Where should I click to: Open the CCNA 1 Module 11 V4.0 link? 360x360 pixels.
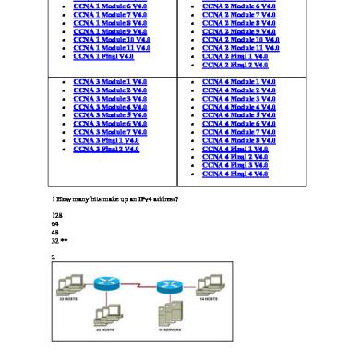pos(111,48)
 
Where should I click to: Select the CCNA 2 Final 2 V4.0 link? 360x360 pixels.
pos(236,65)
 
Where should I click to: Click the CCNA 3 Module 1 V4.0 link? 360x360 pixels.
pos(109,82)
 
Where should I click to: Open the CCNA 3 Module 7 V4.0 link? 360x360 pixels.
pos(109,133)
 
